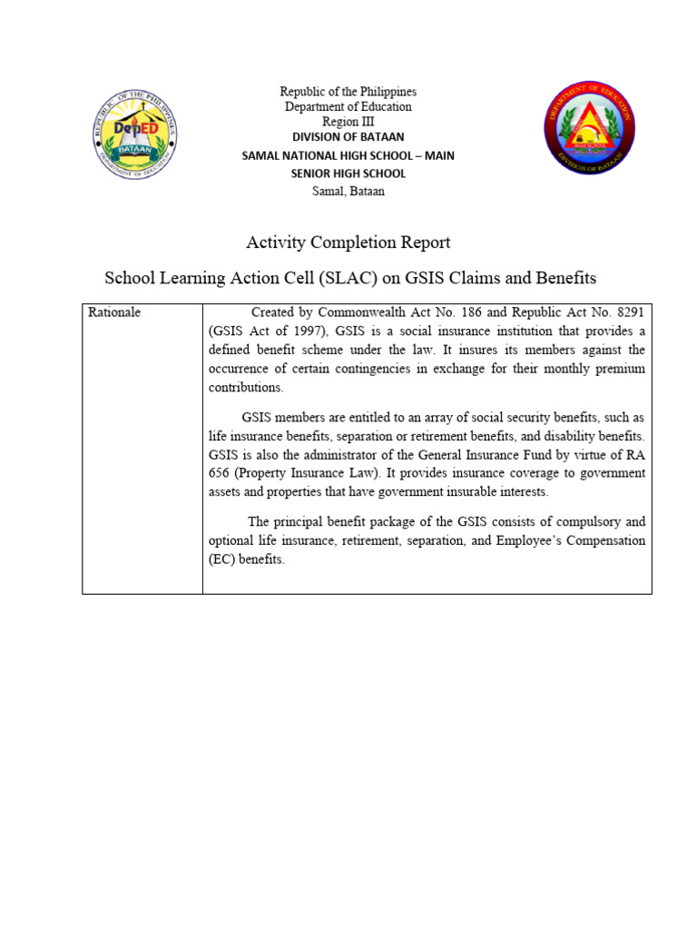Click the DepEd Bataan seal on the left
134,135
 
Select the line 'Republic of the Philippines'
348,92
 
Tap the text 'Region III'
348,122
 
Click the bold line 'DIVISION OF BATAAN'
348,137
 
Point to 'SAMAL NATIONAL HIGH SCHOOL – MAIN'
348,155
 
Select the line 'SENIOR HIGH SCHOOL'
348,173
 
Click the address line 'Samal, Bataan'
348,192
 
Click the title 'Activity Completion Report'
348,242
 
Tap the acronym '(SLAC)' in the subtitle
339,277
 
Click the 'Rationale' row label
114,312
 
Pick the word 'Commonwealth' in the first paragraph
358,312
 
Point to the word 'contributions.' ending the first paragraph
246,388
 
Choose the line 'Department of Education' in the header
348,107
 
